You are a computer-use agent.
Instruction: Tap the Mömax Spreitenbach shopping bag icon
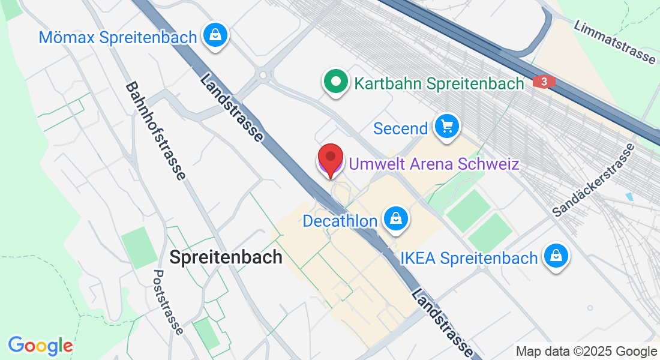point(214,35)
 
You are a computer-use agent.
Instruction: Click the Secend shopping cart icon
point(446,127)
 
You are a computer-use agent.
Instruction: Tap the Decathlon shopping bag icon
point(396,219)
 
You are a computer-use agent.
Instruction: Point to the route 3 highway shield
point(543,82)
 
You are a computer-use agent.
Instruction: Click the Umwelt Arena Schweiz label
point(434,164)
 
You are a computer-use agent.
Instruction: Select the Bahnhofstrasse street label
point(155,131)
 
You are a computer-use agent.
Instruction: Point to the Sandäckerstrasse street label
point(593,180)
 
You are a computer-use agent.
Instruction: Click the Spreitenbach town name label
point(226,257)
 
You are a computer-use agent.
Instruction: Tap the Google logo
point(40,346)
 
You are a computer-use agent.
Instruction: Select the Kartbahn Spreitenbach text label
point(439,83)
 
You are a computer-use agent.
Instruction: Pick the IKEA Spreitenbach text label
point(469,259)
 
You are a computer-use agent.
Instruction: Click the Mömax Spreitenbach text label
point(118,37)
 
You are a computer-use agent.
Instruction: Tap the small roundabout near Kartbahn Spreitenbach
point(262,76)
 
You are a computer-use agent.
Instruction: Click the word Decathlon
point(340,221)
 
